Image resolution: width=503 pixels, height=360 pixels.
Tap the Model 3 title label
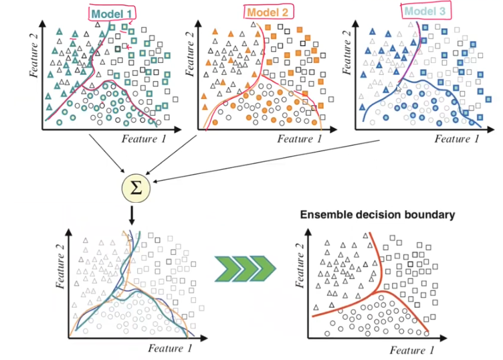tap(423, 11)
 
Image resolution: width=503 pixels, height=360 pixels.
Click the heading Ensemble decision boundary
tap(378, 215)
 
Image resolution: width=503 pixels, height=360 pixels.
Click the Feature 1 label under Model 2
tap(299, 139)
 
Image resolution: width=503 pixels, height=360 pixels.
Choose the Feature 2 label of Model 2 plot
tap(191, 56)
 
